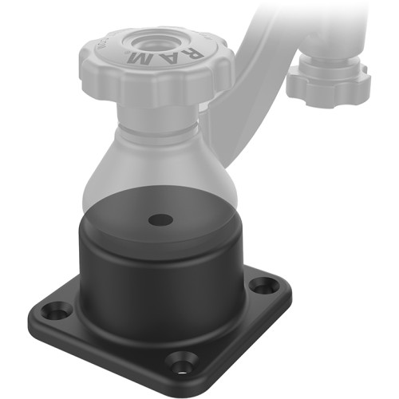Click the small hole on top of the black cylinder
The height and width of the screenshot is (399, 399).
(x=160, y=217)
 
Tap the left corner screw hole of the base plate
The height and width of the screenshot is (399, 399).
(x=55, y=311)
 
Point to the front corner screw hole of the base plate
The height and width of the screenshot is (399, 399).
(x=182, y=367)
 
